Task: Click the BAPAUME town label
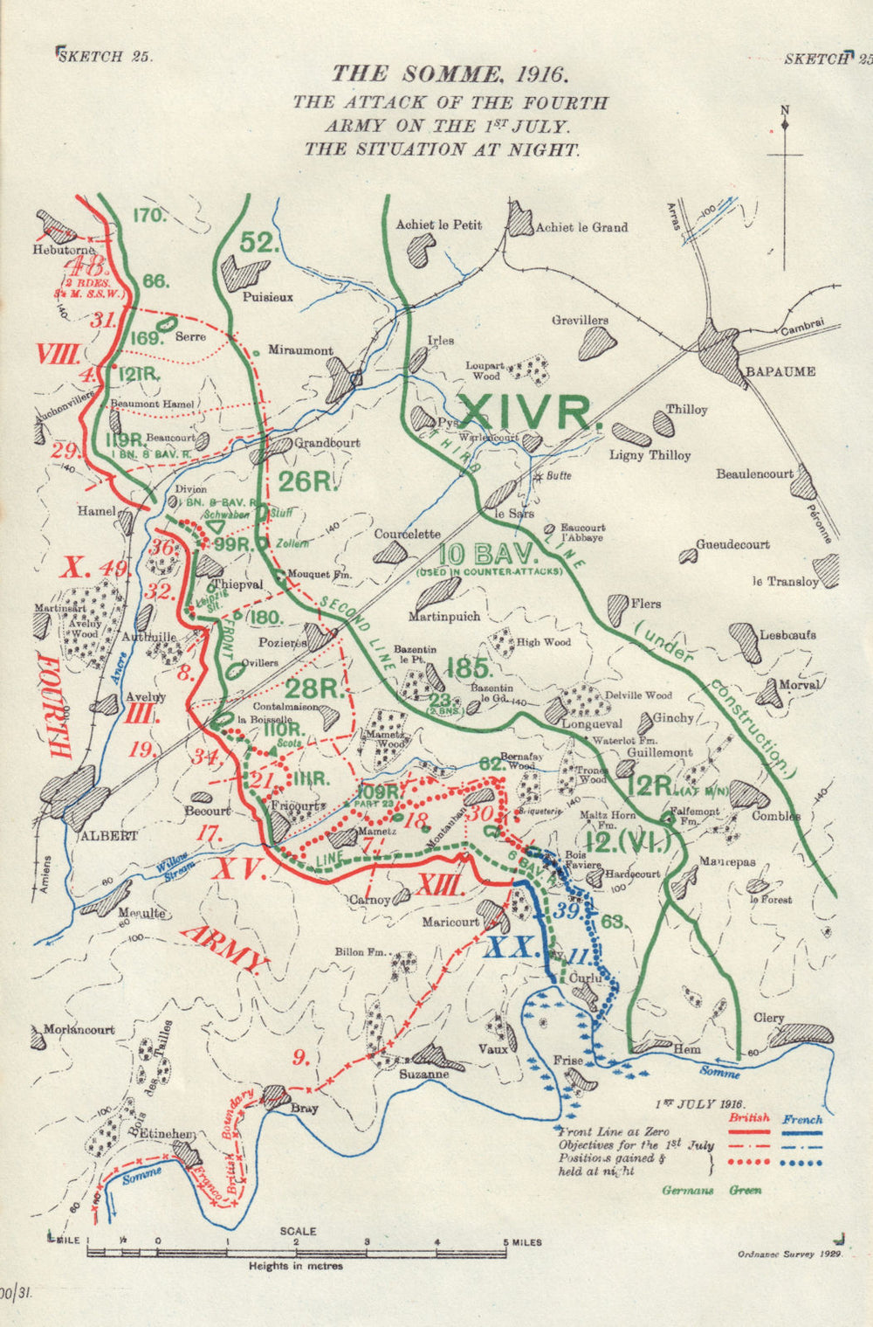coord(780,371)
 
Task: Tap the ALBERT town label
coord(108,835)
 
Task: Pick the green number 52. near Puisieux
coord(258,244)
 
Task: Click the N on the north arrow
coord(784,109)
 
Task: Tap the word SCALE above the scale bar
coord(298,1231)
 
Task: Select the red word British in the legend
coord(749,1118)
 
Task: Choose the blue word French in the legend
coord(802,1118)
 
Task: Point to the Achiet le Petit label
coord(438,225)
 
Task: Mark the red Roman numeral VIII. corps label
coord(59,354)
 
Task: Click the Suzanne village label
coord(423,1075)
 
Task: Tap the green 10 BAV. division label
coord(471,555)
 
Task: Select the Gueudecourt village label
coord(732,544)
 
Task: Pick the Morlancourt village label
coord(79,1029)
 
